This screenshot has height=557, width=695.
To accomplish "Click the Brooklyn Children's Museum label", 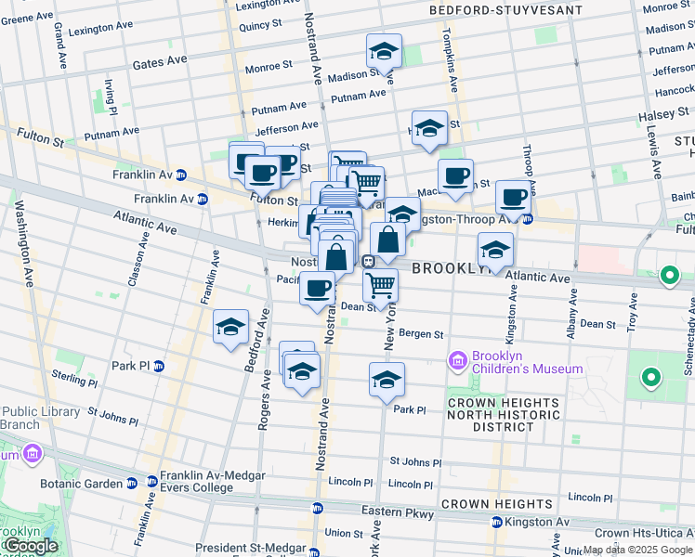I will (x=527, y=362).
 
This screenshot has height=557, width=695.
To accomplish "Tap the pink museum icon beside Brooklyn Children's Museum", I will (x=457, y=360).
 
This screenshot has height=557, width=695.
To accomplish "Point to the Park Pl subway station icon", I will (x=158, y=366).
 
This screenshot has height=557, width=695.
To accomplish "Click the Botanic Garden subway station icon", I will (x=130, y=484).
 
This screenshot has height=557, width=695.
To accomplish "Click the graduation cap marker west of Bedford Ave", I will (x=230, y=327).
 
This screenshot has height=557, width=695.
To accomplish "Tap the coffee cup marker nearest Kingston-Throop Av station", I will (x=513, y=196).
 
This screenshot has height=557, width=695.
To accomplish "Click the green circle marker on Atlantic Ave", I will (x=668, y=276).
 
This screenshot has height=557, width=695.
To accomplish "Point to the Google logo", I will (x=30, y=546).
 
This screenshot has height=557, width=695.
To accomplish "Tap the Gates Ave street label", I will (x=160, y=61).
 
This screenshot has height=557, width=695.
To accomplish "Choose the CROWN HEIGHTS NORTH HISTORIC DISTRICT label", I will (x=504, y=414).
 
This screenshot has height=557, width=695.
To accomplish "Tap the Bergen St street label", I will (x=423, y=334).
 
